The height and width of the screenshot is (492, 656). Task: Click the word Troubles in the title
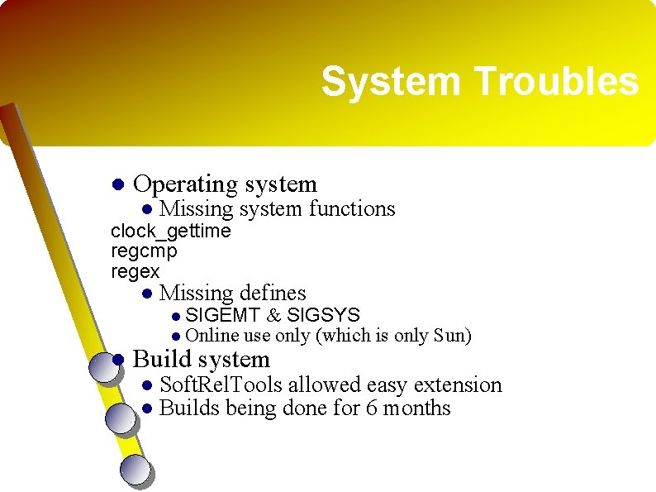click(556, 81)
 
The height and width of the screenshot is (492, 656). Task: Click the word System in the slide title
click(391, 82)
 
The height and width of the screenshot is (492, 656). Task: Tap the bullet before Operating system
click(118, 184)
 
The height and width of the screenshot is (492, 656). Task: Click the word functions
click(352, 208)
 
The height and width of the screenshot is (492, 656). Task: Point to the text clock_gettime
click(171, 232)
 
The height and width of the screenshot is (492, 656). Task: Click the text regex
click(135, 272)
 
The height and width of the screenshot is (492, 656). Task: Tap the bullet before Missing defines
click(147, 293)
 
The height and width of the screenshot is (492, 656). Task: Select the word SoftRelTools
click(221, 385)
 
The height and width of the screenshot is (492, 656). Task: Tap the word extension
click(458, 385)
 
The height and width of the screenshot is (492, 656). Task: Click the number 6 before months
click(371, 408)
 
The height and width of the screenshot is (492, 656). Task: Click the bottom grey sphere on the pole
click(136, 471)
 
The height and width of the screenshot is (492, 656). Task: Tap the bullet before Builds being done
click(147, 408)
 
